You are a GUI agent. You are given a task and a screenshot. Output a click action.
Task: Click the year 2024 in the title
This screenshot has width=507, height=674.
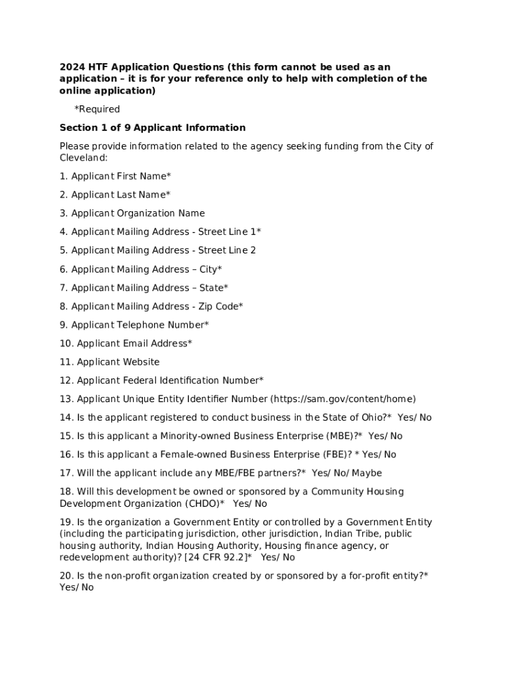coord(71,67)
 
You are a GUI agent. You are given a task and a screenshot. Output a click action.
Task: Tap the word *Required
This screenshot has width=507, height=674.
coord(97,109)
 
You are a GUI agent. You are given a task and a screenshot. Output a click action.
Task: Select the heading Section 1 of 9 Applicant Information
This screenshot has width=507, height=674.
coord(152,128)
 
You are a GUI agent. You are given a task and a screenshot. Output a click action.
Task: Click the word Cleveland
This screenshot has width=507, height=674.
coord(83,158)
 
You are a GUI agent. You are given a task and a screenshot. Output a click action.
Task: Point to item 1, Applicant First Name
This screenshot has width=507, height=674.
coord(115,176)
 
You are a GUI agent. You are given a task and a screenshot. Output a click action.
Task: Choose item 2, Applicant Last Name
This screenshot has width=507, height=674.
coord(115,195)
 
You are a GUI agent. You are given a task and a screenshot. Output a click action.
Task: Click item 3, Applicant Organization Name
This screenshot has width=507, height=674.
coord(132,213)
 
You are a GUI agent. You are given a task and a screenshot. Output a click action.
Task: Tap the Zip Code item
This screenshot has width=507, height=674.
coord(151,306)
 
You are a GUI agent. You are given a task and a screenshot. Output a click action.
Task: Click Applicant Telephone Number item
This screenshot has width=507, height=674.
coord(134,324)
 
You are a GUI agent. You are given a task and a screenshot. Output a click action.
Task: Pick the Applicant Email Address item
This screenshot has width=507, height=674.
coord(126,343)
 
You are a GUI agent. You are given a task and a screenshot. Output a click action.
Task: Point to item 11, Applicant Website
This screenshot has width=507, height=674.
coord(110,362)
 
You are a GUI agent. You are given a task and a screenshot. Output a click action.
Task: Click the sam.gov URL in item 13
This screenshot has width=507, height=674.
coord(343,399)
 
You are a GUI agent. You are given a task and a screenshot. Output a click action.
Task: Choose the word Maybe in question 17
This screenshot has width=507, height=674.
coord(367,473)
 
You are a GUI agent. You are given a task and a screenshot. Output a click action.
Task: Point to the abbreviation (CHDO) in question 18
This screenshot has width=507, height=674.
coord(203,504)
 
